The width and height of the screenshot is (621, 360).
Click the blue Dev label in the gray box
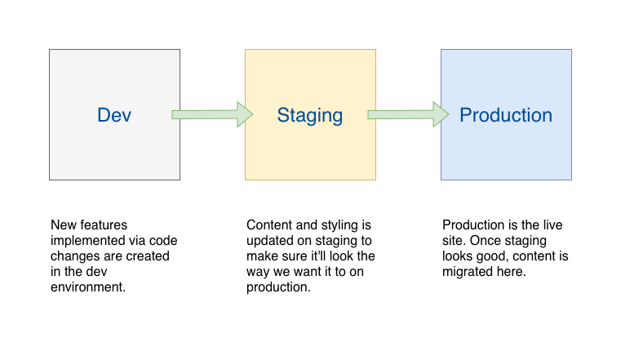pyautogui.click(x=114, y=115)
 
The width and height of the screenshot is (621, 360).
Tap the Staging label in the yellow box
pyautogui.click(x=310, y=116)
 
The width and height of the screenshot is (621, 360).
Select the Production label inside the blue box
pyautogui.click(x=506, y=115)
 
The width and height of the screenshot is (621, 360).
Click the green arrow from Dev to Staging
pyautogui.click(x=212, y=114)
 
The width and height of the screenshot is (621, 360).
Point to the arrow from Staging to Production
pyautogui.click(x=408, y=114)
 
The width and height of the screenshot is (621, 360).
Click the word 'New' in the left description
pyautogui.click(x=63, y=225)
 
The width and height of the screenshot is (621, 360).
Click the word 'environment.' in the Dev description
pyautogui.click(x=88, y=287)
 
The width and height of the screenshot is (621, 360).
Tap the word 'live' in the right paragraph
pyautogui.click(x=552, y=225)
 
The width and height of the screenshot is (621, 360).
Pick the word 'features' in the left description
pyautogui.click(x=103, y=225)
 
